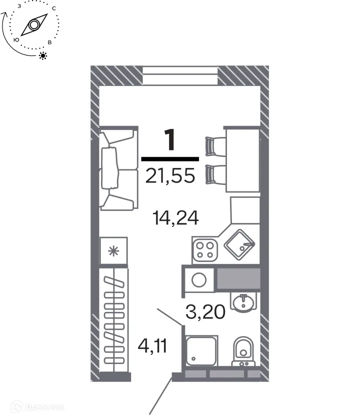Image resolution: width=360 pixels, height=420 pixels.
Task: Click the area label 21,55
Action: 170,175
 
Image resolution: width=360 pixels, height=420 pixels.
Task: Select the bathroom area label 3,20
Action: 205,312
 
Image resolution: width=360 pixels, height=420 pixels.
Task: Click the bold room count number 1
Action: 170,140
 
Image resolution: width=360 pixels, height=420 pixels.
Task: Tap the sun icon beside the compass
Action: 43,55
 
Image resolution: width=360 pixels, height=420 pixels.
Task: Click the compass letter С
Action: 53,9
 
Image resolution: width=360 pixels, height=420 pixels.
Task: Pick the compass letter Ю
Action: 16,39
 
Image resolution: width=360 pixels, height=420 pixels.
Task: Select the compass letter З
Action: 19,6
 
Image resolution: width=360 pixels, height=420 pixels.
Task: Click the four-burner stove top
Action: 205,249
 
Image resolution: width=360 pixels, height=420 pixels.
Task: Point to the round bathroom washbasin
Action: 243,302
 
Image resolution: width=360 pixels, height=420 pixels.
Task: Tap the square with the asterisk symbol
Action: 114,251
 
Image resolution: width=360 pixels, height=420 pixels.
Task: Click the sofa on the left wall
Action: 118,169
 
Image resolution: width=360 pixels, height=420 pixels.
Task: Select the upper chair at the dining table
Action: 215,146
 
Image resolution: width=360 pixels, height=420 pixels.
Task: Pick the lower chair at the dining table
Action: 215,174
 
